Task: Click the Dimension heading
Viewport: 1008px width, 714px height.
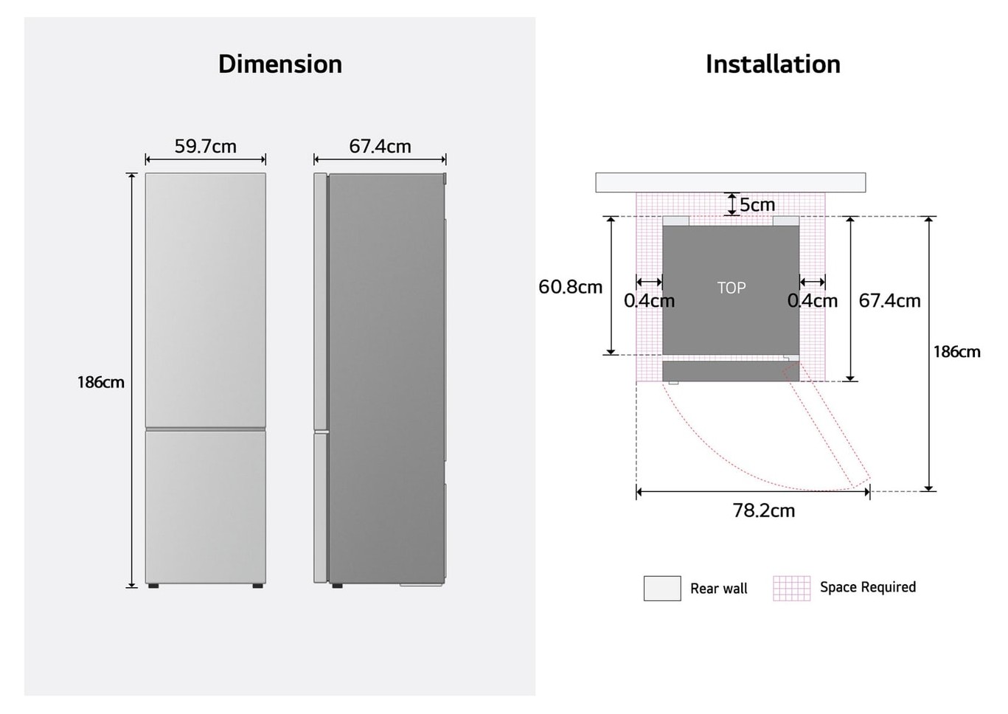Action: point(280,64)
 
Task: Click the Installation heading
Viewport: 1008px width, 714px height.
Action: point(773,64)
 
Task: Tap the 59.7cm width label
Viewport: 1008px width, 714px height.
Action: point(205,146)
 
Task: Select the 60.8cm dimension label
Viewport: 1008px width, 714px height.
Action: point(570,287)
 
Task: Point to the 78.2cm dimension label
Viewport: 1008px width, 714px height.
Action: point(764,510)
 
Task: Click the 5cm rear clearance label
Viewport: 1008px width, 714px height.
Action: point(757,205)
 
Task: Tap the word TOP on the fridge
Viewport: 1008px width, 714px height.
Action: point(731,288)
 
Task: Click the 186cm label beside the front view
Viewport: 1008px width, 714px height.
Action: point(101,382)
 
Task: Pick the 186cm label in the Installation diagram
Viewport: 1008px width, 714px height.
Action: point(956,352)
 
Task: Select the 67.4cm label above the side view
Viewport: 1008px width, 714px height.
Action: point(380,146)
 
